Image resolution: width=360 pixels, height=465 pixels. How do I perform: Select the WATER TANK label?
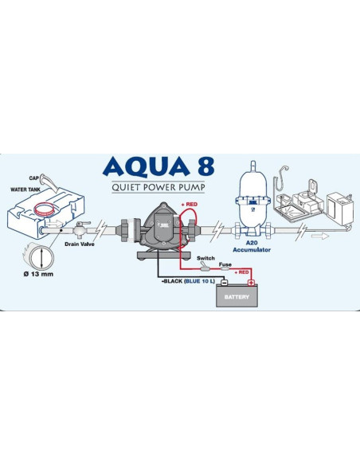coord(25,190)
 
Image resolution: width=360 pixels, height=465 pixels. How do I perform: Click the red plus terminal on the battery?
coord(252,282)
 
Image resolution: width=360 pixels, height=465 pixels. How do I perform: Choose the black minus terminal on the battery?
coord(224,282)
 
